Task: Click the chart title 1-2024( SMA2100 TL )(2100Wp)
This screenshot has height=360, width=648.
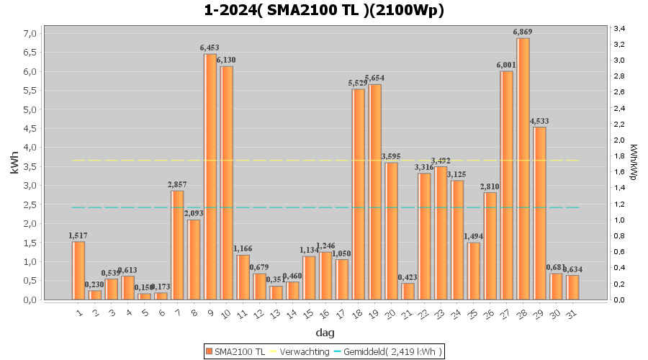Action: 324,10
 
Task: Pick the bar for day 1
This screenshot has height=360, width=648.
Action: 78,270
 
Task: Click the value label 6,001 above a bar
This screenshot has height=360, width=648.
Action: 506,65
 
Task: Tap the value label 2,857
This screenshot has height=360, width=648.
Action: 177,184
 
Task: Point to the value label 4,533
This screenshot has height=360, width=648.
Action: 539,121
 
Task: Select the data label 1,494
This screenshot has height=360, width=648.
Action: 473,236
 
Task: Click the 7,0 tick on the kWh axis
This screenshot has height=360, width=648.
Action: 30,34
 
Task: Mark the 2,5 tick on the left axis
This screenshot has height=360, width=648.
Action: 30,205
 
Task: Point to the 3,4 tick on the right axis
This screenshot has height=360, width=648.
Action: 619,28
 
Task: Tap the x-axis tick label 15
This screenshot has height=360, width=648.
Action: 308,313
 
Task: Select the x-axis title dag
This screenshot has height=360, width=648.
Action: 324,333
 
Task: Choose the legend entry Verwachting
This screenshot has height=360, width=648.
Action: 300,351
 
